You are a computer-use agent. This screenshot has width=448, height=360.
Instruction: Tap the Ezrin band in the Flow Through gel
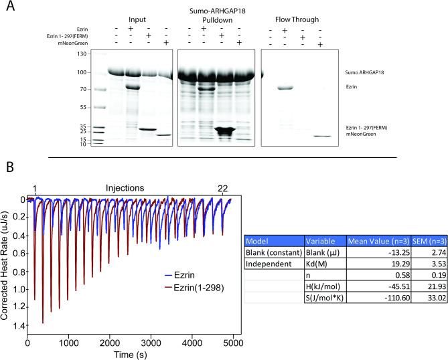(x=287, y=88)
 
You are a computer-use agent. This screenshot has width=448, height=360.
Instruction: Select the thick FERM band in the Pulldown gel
(x=223, y=130)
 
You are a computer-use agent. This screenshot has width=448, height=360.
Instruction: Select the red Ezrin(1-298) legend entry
(x=190, y=286)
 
